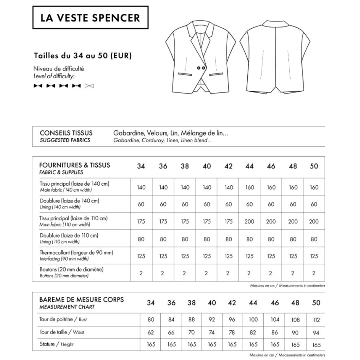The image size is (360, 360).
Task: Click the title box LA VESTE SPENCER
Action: (90, 17)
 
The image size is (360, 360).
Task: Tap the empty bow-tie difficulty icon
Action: (90, 85)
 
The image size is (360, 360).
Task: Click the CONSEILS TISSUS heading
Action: (66, 133)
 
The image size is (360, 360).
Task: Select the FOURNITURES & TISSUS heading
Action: (75, 165)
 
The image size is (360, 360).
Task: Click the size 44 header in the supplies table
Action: (249, 166)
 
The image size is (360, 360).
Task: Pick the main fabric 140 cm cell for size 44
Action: (249, 187)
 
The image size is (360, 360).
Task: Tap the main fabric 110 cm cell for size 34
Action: (141, 222)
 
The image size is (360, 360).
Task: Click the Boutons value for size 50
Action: (314, 273)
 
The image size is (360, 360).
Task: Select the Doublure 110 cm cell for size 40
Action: (206, 239)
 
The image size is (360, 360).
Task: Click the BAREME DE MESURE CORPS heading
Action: (82, 300)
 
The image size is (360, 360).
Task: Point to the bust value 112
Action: (316, 320)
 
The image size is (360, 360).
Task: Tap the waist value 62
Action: (151, 332)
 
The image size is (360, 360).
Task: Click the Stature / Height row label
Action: (56, 344)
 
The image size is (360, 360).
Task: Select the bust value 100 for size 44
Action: (253, 320)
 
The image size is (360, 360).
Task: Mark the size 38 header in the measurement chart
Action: (192, 303)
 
